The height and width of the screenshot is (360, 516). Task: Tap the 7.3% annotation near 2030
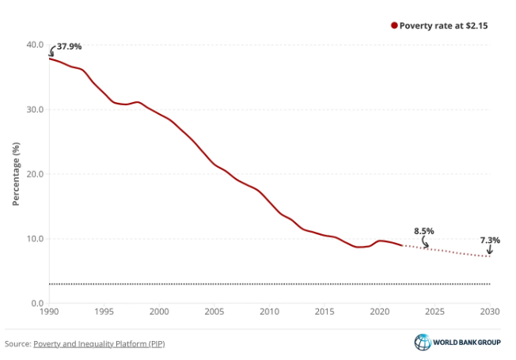(491, 240)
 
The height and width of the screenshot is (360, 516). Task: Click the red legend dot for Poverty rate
(393, 26)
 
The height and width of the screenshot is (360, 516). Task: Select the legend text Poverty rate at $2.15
(443, 26)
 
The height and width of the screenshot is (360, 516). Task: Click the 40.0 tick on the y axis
(34, 44)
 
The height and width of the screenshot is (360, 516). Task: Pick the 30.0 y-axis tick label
(34, 109)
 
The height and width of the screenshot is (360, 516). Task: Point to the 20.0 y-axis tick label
(34, 174)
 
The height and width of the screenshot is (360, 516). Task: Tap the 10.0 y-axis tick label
(34, 239)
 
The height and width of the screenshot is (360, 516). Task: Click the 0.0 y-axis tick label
(36, 303)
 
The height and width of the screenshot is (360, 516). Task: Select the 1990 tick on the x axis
(49, 313)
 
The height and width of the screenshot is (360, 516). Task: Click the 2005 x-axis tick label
(214, 313)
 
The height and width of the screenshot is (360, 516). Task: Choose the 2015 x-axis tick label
(324, 313)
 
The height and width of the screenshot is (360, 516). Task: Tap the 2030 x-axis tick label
(490, 313)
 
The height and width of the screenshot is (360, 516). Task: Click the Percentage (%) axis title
(16, 174)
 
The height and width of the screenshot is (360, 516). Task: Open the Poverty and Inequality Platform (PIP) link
(99, 343)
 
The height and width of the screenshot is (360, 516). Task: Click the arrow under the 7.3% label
(489, 250)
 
